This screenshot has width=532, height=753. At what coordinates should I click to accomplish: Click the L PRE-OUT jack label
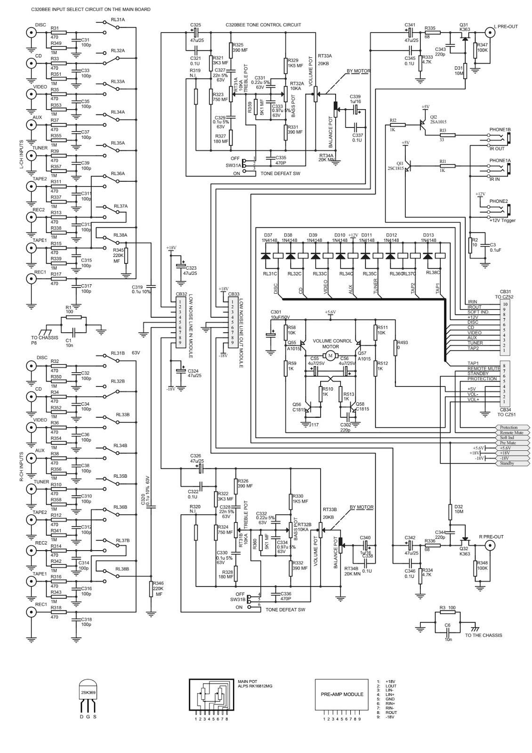point(506,26)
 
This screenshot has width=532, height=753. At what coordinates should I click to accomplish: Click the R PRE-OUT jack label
point(491,537)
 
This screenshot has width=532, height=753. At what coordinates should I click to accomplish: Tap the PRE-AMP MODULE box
point(342,694)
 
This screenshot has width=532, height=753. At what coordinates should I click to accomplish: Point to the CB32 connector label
point(181,294)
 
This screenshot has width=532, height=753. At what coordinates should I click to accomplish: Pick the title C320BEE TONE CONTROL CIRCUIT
point(263,25)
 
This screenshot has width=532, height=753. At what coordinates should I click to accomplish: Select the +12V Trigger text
point(502,220)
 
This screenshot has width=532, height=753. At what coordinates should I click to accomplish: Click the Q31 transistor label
point(464,25)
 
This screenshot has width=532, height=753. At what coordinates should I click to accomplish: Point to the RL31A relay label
point(118,20)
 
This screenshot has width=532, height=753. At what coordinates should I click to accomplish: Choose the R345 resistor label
point(118,250)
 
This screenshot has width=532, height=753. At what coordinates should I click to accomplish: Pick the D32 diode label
point(459,507)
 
